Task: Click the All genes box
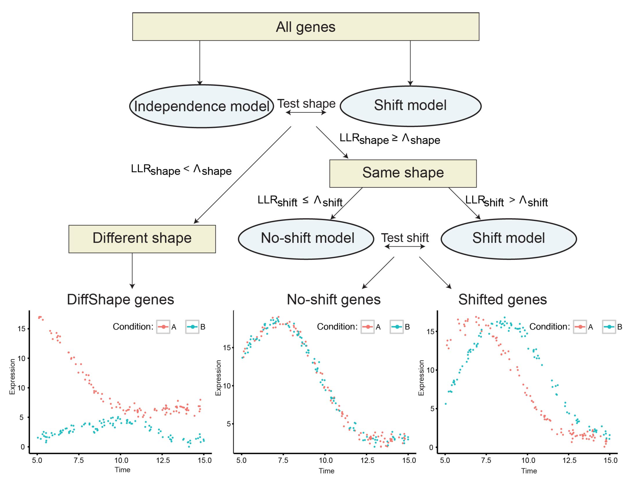pyautogui.click(x=305, y=26)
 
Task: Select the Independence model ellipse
pyautogui.click(x=201, y=106)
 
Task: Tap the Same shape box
pyautogui.click(x=403, y=173)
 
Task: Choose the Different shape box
pyautogui.click(x=142, y=239)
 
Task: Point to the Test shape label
pyautogui.click(x=306, y=103)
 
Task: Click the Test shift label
pyautogui.click(x=405, y=238)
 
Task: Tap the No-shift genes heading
pyautogui.click(x=333, y=299)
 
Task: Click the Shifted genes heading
pyautogui.click(x=503, y=299)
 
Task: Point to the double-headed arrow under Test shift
pyautogui.click(x=405, y=246)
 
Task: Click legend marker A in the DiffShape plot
pyautogui.click(x=163, y=327)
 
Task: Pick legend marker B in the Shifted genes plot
pyautogui.click(x=609, y=327)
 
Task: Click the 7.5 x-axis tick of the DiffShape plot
pyautogui.click(x=78, y=461)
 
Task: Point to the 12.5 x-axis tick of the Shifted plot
pyautogui.click(x=569, y=461)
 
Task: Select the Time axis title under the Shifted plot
pyautogui.click(x=529, y=471)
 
